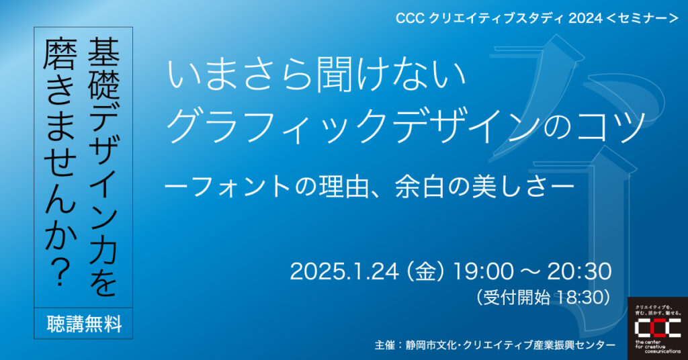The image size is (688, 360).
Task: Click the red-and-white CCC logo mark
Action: coord(658,328)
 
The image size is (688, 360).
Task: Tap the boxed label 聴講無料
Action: coord(84,324)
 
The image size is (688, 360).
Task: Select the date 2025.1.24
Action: coord(345,271)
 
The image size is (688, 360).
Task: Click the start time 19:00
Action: coord(482,271)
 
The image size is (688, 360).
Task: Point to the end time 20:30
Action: coord(579,271)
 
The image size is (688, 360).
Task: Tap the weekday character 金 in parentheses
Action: coord(425,272)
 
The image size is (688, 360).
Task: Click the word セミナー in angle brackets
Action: coord(642,18)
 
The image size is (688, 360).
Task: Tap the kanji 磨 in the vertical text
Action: coord(60,53)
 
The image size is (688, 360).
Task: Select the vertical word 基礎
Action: coord(103,69)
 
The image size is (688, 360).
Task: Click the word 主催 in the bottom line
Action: coord(385,345)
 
